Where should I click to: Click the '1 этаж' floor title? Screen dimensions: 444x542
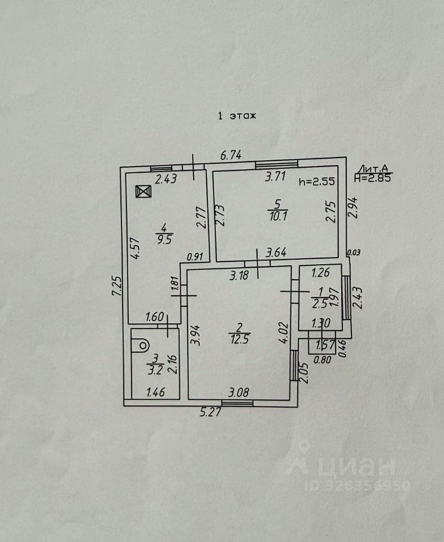pos(237,116)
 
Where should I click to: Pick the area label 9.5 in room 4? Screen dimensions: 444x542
pos(164,238)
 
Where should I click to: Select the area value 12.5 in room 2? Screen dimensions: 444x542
pos(240,338)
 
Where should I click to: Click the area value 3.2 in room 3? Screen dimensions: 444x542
pos(154,370)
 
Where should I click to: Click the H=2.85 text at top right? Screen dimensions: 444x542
pos(373,177)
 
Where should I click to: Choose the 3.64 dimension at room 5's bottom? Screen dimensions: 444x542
pos(276,252)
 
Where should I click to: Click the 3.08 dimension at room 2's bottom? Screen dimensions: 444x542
pos(239,391)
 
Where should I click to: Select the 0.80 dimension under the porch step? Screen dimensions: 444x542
pos(323,357)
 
